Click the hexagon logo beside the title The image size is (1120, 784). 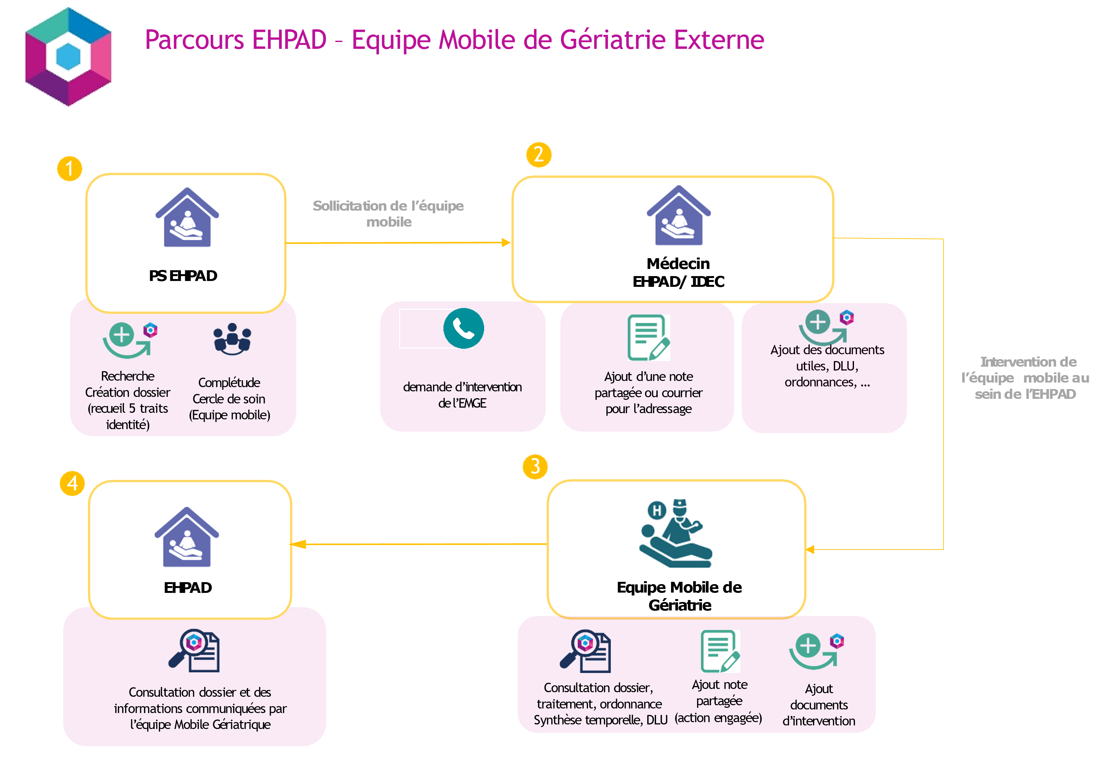pos(68,57)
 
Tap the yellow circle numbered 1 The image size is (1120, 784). pos(70,169)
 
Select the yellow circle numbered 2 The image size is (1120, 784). pos(539,155)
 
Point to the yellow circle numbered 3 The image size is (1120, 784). pos(535,467)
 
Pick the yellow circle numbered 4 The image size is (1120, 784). pos(72,483)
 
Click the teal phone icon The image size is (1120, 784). pos(463,328)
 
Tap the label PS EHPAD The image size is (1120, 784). pos(183,276)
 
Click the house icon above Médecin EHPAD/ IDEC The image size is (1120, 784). pos(679,215)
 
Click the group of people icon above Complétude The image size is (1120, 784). pos(232,339)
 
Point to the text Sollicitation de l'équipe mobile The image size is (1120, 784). pos(388,214)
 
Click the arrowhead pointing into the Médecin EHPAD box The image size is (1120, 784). pos(506,243)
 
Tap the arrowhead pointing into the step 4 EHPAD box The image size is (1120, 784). pos(298,544)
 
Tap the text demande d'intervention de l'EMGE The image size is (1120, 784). pos(462,395)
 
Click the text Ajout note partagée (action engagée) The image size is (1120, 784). pos(719,701)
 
